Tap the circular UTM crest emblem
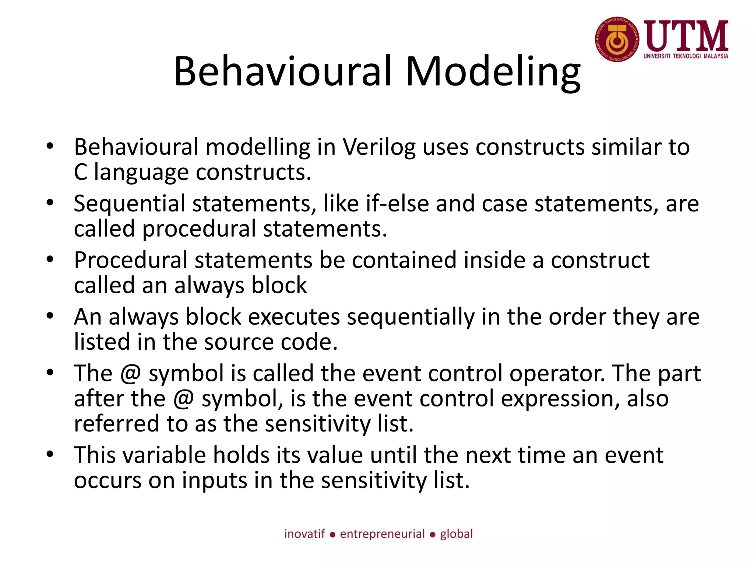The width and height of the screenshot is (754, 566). [x=617, y=39]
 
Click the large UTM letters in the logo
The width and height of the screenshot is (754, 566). [x=686, y=36]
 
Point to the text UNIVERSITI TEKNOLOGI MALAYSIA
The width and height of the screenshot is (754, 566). [x=686, y=56]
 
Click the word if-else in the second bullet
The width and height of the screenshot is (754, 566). [x=397, y=203]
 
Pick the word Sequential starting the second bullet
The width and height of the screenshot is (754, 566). [x=129, y=203]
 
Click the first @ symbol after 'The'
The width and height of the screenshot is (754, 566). [x=130, y=373]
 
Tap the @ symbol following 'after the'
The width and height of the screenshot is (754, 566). [x=183, y=399]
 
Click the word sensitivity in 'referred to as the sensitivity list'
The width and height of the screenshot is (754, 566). [x=317, y=424]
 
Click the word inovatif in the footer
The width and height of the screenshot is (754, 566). [x=304, y=534]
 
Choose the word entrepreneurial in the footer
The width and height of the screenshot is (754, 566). [x=382, y=534]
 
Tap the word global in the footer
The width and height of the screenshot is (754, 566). [x=456, y=534]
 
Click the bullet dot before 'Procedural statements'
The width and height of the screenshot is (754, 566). [x=50, y=259]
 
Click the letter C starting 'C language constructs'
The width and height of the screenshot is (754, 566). [x=80, y=172]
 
